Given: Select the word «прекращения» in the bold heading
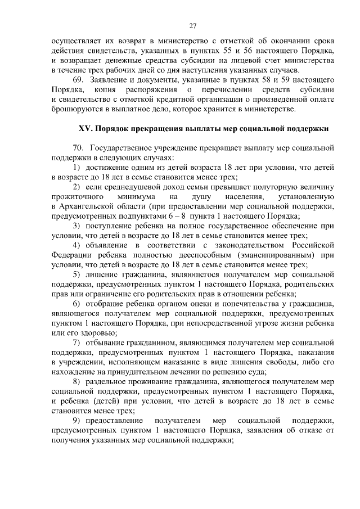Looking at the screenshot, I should pyautogui.click(x=154, y=128).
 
